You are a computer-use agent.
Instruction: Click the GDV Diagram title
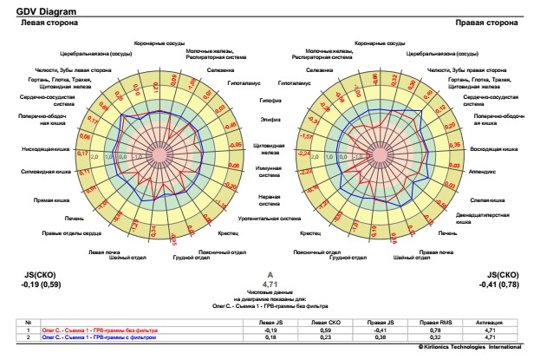click(x=34, y=10)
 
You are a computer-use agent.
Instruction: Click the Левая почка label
click(x=102, y=252)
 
